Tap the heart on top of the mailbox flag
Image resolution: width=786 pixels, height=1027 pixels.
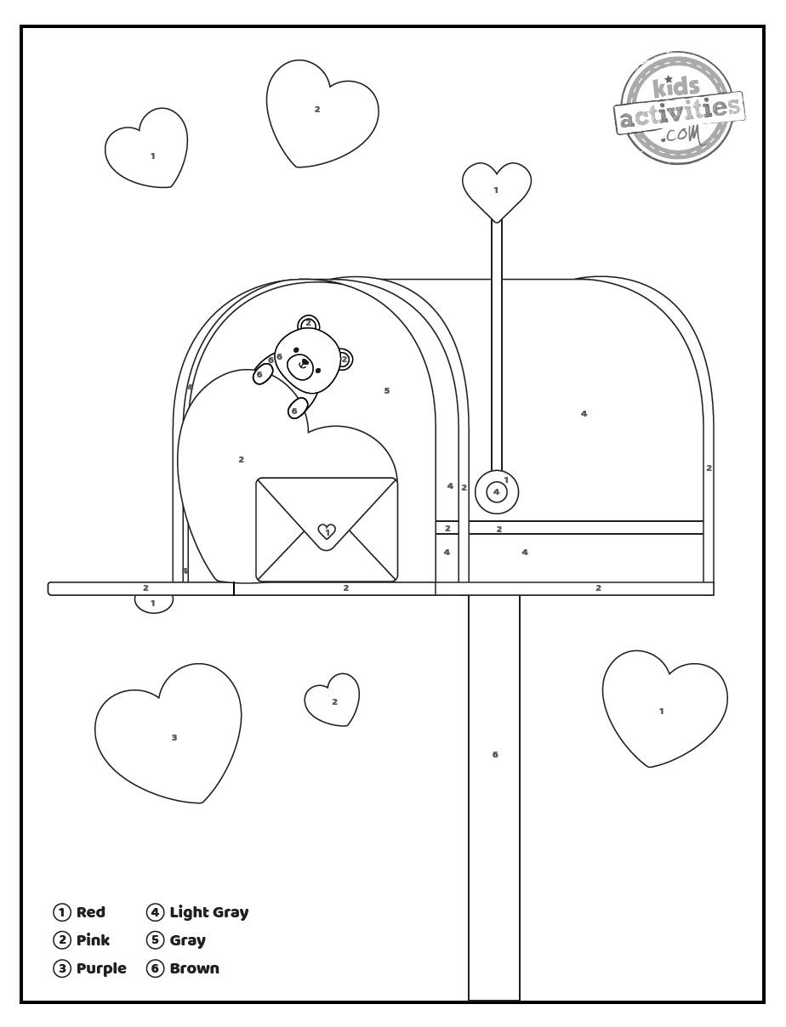click(497, 189)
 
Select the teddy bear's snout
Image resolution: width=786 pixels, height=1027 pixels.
click(300, 366)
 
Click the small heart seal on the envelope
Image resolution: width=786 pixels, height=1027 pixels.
click(327, 532)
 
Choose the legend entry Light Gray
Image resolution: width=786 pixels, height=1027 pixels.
click(198, 912)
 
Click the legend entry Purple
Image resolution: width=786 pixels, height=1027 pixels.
click(90, 968)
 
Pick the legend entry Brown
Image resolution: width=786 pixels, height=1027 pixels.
click(184, 968)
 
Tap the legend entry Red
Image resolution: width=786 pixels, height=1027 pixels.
click(80, 912)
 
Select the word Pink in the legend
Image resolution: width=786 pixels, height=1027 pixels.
click(93, 940)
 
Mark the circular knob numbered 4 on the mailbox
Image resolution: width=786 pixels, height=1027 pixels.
click(497, 491)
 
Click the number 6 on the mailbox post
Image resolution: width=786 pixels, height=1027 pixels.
click(495, 754)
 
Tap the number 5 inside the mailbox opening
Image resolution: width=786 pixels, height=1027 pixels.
click(387, 391)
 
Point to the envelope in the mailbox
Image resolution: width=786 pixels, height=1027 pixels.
click(327, 531)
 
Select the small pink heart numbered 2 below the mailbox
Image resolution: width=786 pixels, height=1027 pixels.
click(333, 701)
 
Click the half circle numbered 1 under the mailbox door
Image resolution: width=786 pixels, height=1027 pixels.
click(154, 602)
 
